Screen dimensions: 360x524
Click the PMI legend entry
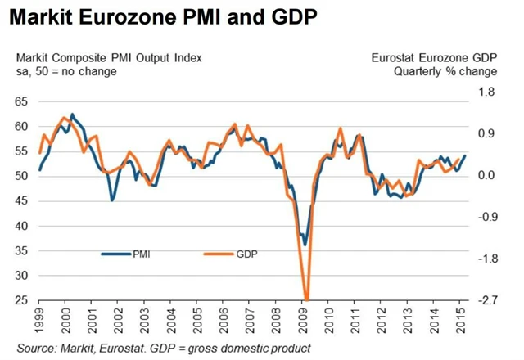140,254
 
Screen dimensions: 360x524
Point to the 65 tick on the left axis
21,101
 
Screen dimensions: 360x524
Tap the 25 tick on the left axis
21,300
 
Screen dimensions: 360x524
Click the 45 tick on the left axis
21,201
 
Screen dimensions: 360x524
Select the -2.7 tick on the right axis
488,300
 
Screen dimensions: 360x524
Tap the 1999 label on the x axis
39,322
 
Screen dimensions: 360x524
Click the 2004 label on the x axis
170,322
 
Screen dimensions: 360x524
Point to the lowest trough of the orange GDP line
306,299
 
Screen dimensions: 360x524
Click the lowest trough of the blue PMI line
305,245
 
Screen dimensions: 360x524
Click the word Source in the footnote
37,349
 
